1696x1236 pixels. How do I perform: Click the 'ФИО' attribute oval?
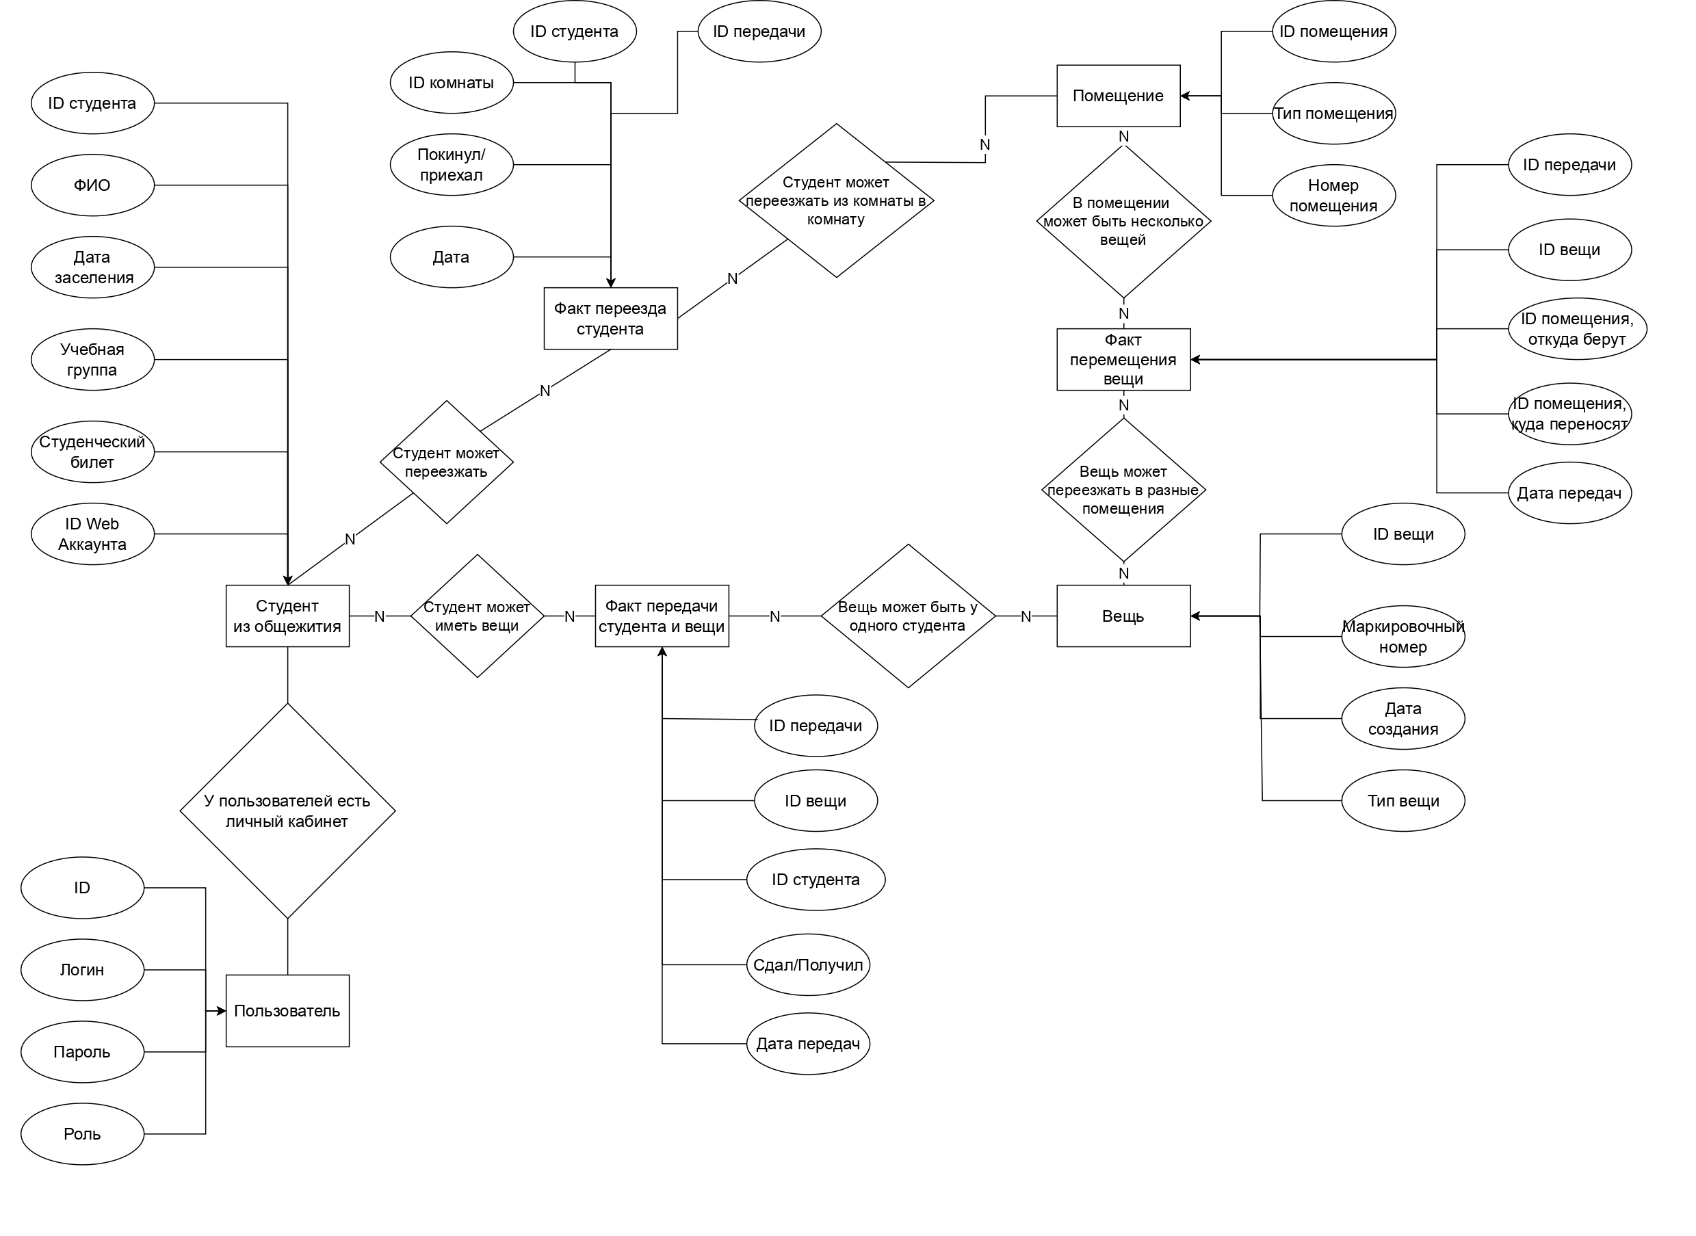point(92,185)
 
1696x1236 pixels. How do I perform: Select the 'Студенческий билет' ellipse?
point(92,452)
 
